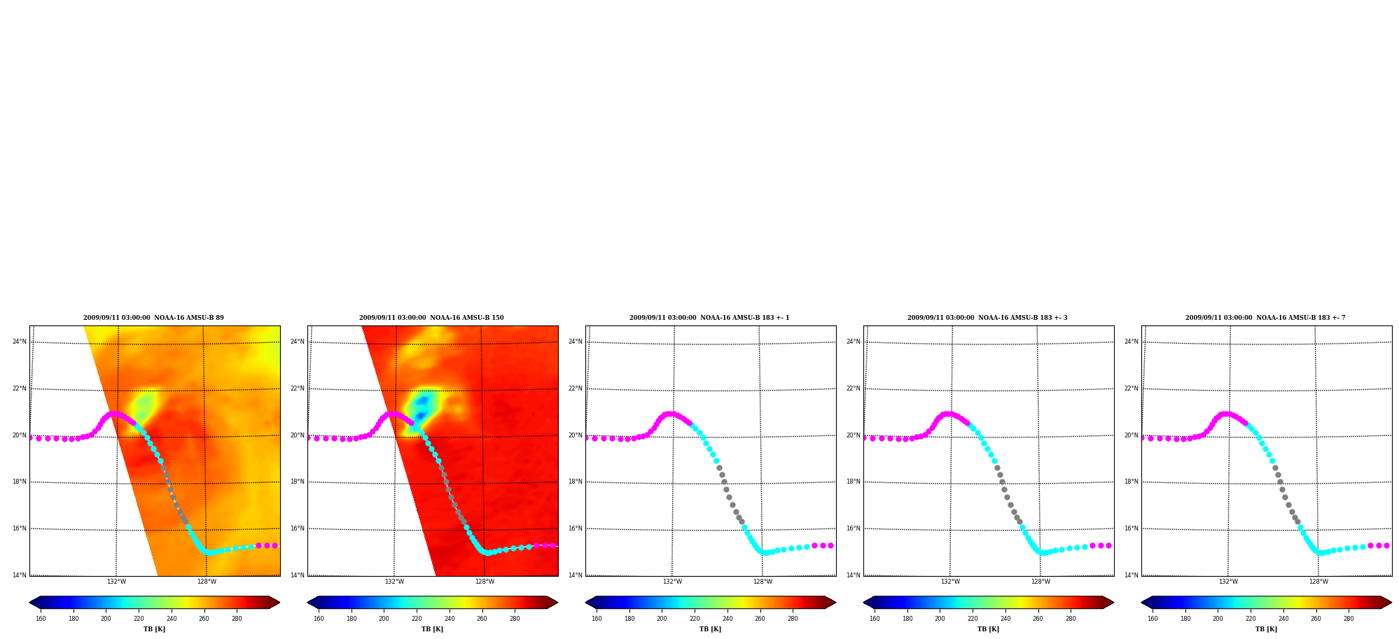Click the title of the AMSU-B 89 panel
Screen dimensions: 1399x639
[153, 318]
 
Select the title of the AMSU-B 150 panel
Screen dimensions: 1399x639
[431, 318]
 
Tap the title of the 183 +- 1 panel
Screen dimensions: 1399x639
[709, 318]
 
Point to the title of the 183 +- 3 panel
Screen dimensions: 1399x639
[987, 318]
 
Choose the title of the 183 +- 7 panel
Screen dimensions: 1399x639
[1265, 318]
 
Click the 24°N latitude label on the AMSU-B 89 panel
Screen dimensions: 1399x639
[20, 342]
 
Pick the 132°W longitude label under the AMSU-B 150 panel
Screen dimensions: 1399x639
[394, 582]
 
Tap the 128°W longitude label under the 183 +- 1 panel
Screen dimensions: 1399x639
[763, 582]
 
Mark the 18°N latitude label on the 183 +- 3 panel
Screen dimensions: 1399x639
[854, 482]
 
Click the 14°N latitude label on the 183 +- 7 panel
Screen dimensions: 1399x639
[1132, 575]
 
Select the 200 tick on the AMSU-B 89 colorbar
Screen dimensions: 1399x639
[106, 619]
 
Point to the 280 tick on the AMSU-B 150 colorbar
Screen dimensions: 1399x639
[515, 619]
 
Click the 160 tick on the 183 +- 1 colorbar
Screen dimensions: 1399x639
[597, 619]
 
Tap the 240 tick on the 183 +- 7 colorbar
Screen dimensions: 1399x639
[1283, 619]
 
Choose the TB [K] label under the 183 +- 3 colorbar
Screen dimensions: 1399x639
[988, 629]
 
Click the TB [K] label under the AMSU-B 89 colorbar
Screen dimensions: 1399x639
[154, 629]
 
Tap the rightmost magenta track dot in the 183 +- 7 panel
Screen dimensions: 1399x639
[1386, 545]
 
